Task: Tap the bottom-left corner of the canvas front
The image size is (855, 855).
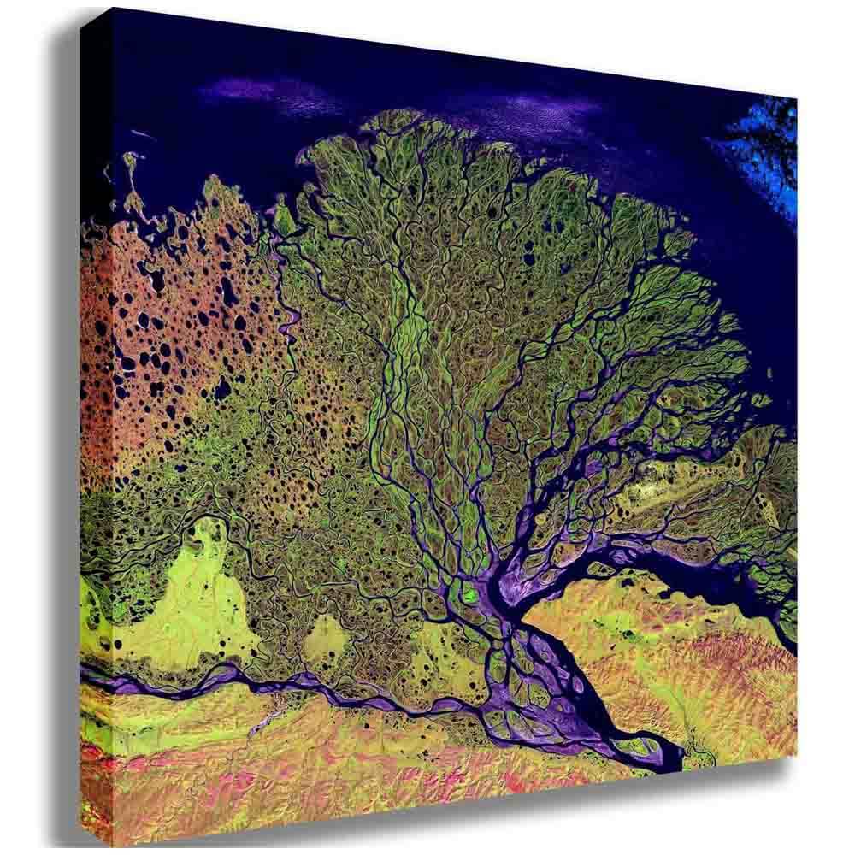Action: tap(83, 842)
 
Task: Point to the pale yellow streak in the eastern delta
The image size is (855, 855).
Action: tap(675, 487)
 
